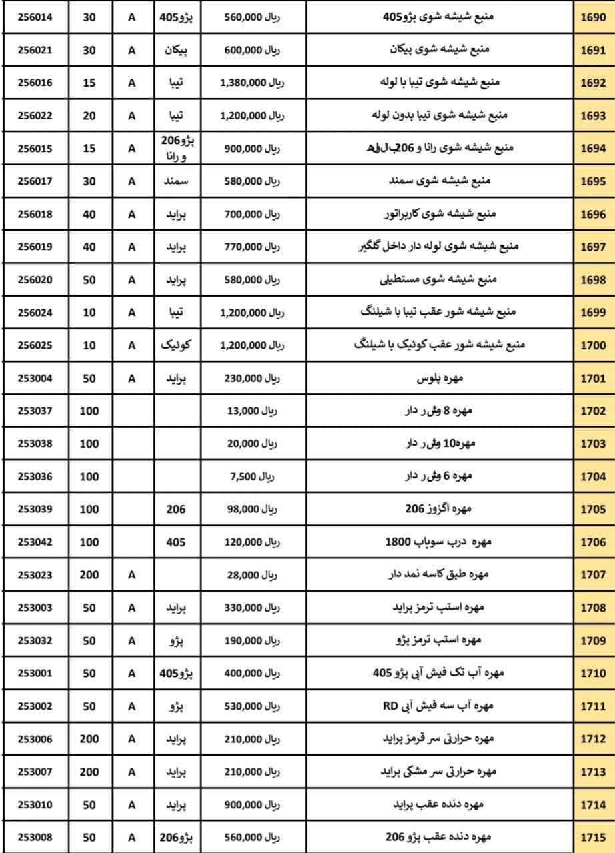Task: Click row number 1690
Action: (x=592, y=17)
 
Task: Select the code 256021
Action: (x=35, y=50)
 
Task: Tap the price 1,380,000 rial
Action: (x=252, y=83)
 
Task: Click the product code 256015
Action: (x=35, y=149)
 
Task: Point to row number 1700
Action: (x=592, y=346)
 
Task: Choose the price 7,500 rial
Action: (x=252, y=477)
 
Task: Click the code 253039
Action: (x=35, y=510)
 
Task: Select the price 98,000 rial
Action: (x=252, y=510)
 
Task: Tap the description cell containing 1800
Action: (x=438, y=542)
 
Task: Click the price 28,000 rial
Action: (x=252, y=575)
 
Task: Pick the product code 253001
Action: (x=35, y=674)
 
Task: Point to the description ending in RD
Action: (x=438, y=706)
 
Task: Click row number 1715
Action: (x=592, y=838)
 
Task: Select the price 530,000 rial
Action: (x=252, y=706)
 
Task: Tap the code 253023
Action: (x=35, y=575)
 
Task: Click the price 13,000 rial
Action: (x=252, y=411)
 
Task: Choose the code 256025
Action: (x=35, y=346)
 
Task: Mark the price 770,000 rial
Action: (x=252, y=247)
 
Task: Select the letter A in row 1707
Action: (x=131, y=575)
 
